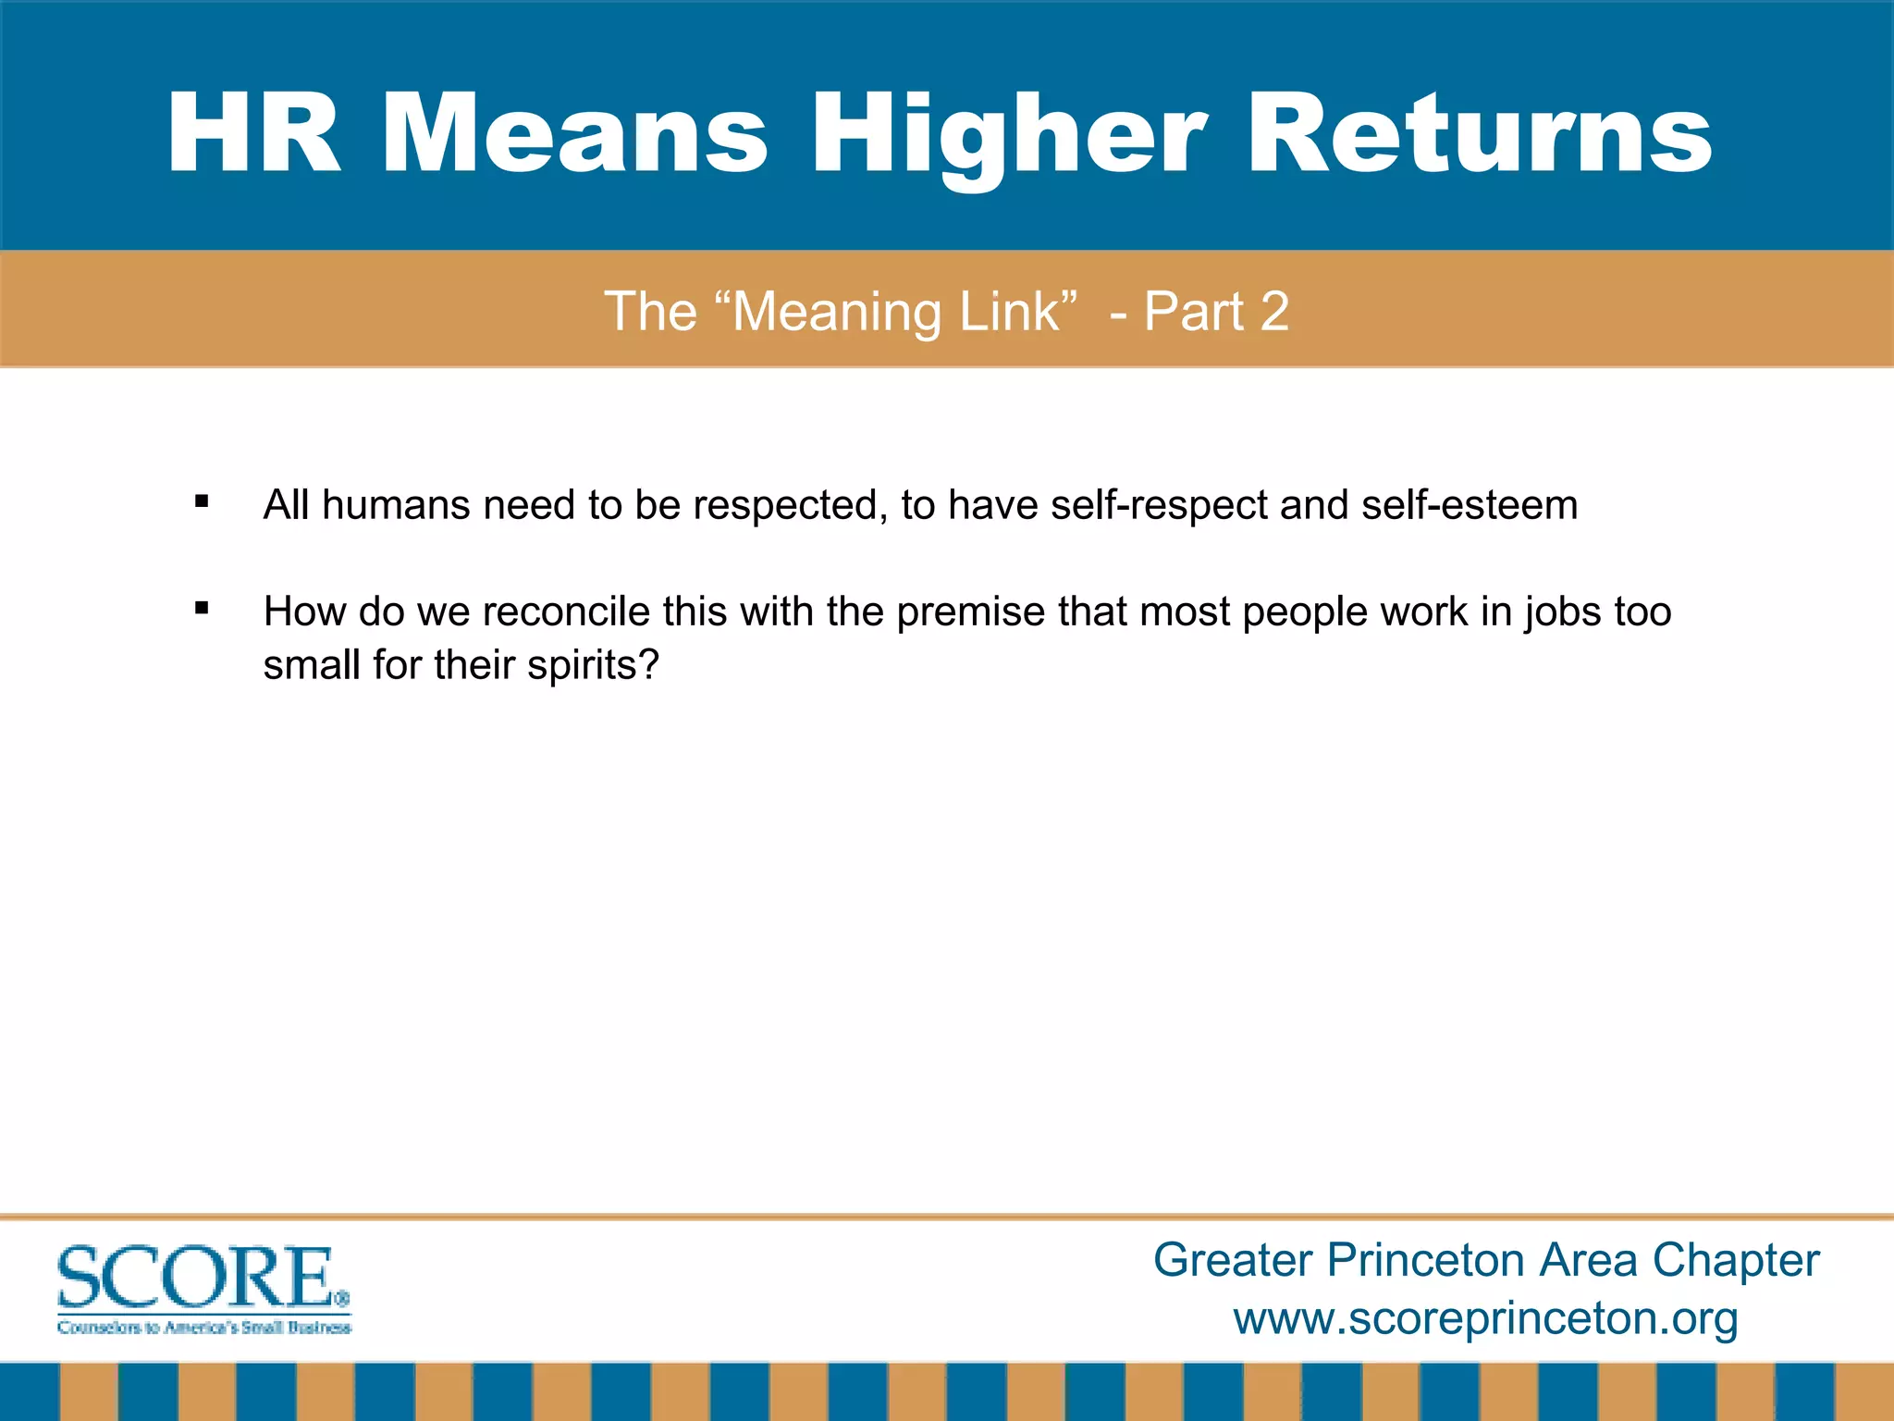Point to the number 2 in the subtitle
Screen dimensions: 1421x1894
pos(1274,312)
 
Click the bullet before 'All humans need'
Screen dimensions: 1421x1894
pos(202,502)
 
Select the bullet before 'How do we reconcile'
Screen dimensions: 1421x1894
pos(202,609)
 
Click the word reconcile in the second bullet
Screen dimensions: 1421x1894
pos(566,612)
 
